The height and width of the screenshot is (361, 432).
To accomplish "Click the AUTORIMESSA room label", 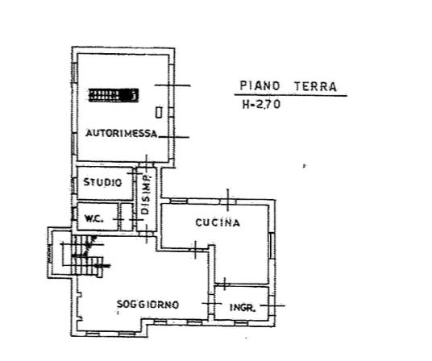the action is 122,133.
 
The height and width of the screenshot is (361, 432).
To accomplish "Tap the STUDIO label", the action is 102,182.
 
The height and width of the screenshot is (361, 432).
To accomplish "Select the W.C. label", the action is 94,219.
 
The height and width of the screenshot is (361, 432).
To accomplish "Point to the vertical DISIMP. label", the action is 145,194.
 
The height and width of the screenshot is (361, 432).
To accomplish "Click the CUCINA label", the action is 218,222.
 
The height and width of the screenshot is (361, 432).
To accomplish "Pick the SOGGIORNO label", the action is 147,305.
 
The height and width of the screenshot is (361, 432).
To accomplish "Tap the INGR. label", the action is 243,307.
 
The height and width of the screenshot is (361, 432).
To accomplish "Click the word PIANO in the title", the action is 260,86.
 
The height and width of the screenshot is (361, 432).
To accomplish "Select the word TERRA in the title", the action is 315,86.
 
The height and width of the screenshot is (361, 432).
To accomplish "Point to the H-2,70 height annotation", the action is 261,105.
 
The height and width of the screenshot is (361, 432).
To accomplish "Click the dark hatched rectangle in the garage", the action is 113,95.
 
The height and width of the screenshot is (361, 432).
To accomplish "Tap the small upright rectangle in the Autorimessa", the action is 159,112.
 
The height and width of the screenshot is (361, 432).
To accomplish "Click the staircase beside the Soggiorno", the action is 87,255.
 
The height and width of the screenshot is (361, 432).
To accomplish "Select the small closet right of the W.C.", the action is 127,217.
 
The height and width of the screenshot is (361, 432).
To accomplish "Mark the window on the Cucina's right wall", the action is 272,246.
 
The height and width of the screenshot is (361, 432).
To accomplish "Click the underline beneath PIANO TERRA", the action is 291,95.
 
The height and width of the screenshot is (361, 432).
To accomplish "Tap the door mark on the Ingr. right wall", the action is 272,305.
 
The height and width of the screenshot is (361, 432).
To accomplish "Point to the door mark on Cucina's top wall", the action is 227,200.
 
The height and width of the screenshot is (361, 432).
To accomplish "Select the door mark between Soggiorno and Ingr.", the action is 212,303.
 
